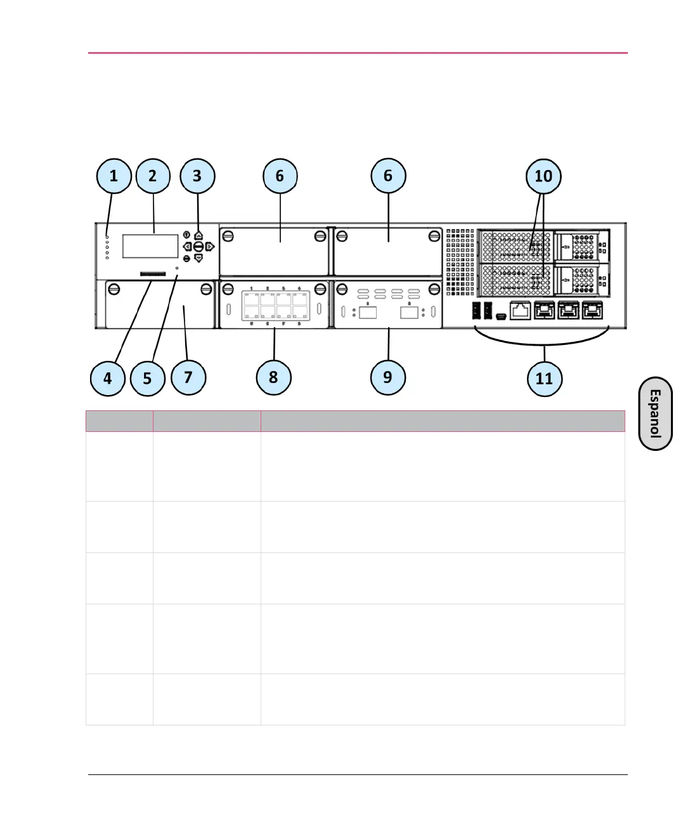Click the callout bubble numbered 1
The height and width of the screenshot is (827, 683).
(114, 176)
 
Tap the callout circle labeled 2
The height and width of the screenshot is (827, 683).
(153, 176)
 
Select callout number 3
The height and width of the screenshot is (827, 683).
(197, 176)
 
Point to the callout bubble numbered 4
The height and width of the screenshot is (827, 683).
(107, 379)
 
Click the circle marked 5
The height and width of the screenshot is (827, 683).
(147, 379)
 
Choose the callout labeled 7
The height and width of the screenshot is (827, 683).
(188, 377)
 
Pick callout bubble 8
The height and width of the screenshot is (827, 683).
(273, 377)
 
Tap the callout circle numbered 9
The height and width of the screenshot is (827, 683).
(387, 377)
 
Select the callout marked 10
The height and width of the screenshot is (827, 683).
(543, 176)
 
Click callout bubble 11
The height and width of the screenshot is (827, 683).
(544, 379)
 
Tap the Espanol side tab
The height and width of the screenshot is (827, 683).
(655, 413)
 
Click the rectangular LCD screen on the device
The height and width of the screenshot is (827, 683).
(150, 246)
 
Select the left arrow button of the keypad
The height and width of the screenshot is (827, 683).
(187, 246)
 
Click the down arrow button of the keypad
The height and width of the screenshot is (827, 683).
(198, 258)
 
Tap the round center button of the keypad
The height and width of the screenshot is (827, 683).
(198, 246)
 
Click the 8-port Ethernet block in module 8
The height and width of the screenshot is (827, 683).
(275, 305)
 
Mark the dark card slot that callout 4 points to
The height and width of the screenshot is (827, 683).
(153, 275)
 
